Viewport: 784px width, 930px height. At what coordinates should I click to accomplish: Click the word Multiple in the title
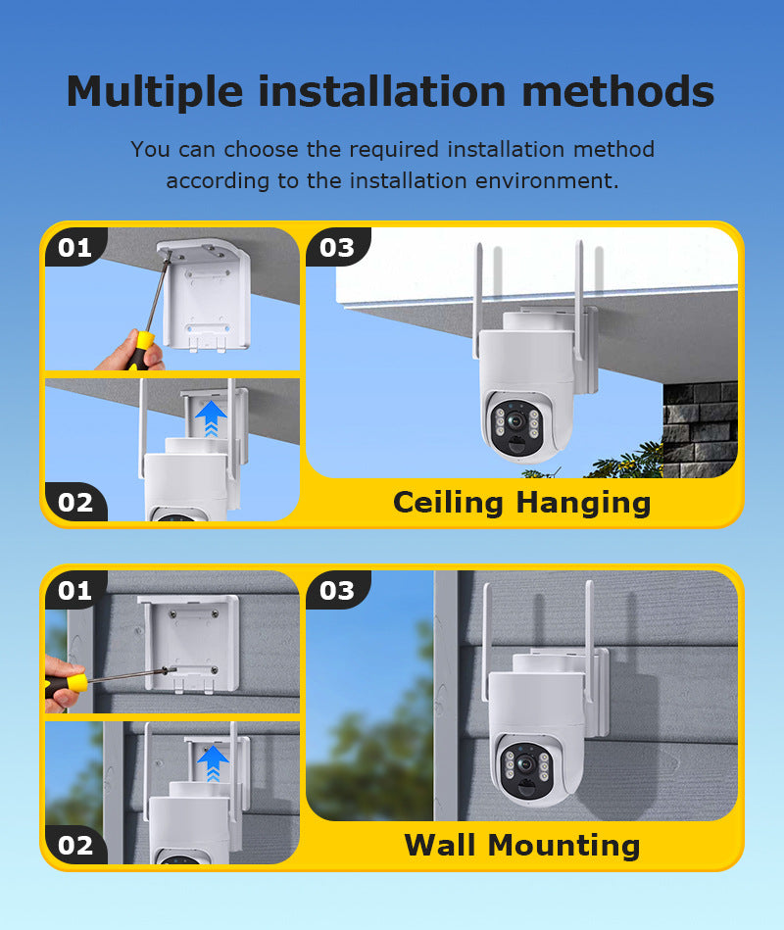[155, 92]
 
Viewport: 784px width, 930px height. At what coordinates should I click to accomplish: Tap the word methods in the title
[618, 92]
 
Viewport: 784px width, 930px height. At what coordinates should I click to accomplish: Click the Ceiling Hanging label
[522, 503]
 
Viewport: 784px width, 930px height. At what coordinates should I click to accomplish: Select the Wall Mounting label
[522, 845]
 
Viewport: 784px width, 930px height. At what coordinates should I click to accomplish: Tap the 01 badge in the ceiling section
[75, 247]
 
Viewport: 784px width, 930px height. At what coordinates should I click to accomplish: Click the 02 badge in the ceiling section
[75, 503]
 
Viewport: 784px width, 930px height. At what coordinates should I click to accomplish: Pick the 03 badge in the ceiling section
[337, 247]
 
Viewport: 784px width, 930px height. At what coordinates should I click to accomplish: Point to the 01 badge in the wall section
[75, 590]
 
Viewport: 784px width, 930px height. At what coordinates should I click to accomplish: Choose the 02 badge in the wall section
[75, 845]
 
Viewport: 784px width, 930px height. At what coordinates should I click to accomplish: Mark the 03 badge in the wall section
[337, 590]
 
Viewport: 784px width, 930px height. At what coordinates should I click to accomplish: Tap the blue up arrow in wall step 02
[213, 762]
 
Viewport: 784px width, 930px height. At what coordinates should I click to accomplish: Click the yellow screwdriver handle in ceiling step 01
[140, 350]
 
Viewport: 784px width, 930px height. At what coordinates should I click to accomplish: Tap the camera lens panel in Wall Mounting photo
[526, 768]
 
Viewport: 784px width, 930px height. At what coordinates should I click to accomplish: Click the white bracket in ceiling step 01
[205, 294]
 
